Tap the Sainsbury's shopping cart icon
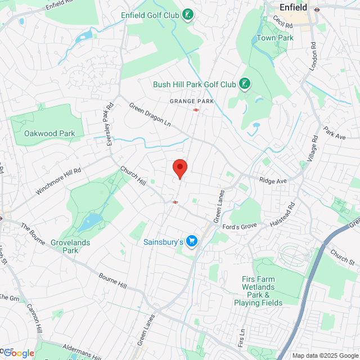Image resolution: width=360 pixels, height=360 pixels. coord(192,241)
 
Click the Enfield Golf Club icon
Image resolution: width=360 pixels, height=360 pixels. coord(188,15)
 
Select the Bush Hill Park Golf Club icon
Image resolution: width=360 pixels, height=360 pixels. coord(245,84)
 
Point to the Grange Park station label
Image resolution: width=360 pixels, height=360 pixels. coord(192,101)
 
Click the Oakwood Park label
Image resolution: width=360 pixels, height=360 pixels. coord(49,134)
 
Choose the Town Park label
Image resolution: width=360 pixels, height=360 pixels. coord(275,38)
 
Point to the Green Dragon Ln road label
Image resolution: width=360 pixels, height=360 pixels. coord(150,115)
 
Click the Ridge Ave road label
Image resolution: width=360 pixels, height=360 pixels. coord(273,181)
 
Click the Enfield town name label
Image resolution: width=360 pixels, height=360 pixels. coord(293,8)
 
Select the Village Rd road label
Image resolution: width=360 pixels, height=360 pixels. coord(313,148)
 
